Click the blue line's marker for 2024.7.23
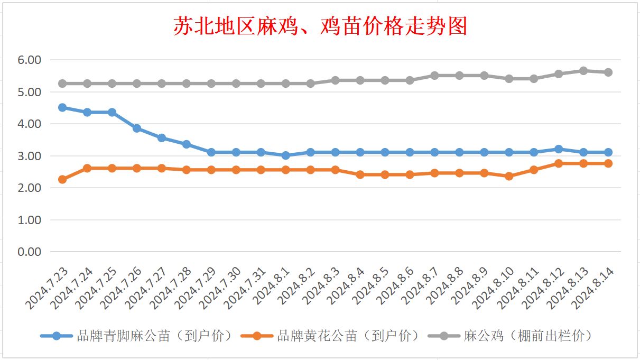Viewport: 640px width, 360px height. pyautogui.click(x=62, y=107)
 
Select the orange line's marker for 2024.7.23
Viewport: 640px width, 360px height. pyautogui.click(x=62, y=179)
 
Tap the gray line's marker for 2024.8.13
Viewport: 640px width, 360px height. pyautogui.click(x=583, y=71)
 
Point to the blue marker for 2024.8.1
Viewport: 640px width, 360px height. pyautogui.click(x=286, y=155)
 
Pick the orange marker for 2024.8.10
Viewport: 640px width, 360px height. pyautogui.click(x=509, y=176)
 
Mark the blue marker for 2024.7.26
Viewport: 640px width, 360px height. pyautogui.click(x=137, y=128)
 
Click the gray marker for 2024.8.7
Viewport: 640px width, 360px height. pyautogui.click(x=434, y=76)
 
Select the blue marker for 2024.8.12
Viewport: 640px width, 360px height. pyautogui.click(x=559, y=149)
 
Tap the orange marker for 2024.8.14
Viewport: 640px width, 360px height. pyautogui.click(x=608, y=163)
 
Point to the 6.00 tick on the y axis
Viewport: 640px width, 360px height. pyautogui.click(x=30, y=60)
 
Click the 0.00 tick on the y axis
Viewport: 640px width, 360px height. pyautogui.click(x=30, y=252)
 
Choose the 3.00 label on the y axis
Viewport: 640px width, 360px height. pyautogui.click(x=30, y=156)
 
